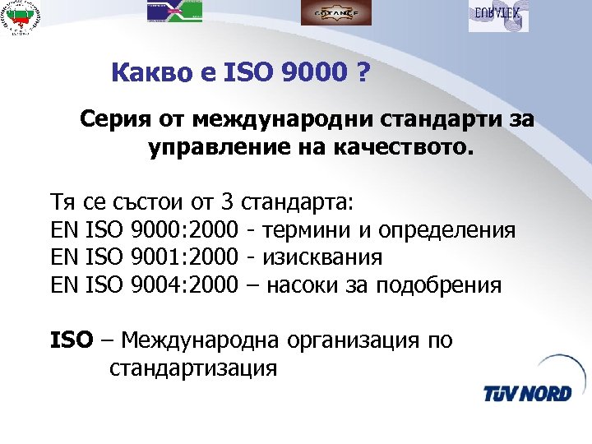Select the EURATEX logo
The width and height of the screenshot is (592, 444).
[x=497, y=16]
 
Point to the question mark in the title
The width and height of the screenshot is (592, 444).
[x=362, y=76]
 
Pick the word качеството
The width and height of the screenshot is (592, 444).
[x=410, y=149]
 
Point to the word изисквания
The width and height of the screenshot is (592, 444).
[x=322, y=257]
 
